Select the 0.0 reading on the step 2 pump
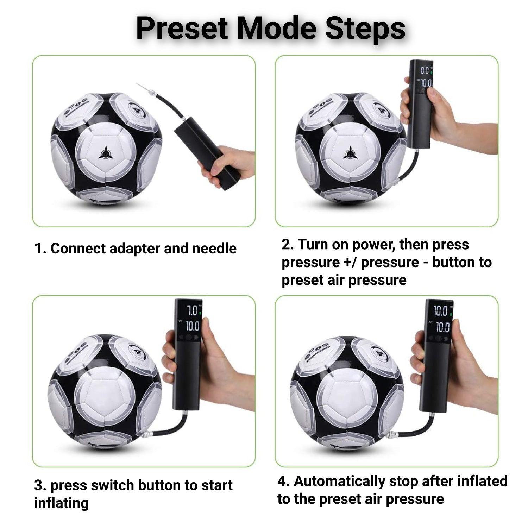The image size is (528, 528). coord(425,70)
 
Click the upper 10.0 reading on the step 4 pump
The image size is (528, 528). coord(440,311)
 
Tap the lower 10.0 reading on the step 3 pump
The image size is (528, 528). coord(193,326)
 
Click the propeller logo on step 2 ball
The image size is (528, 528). coord(350,153)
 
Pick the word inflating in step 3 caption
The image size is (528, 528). coord(61,503)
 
